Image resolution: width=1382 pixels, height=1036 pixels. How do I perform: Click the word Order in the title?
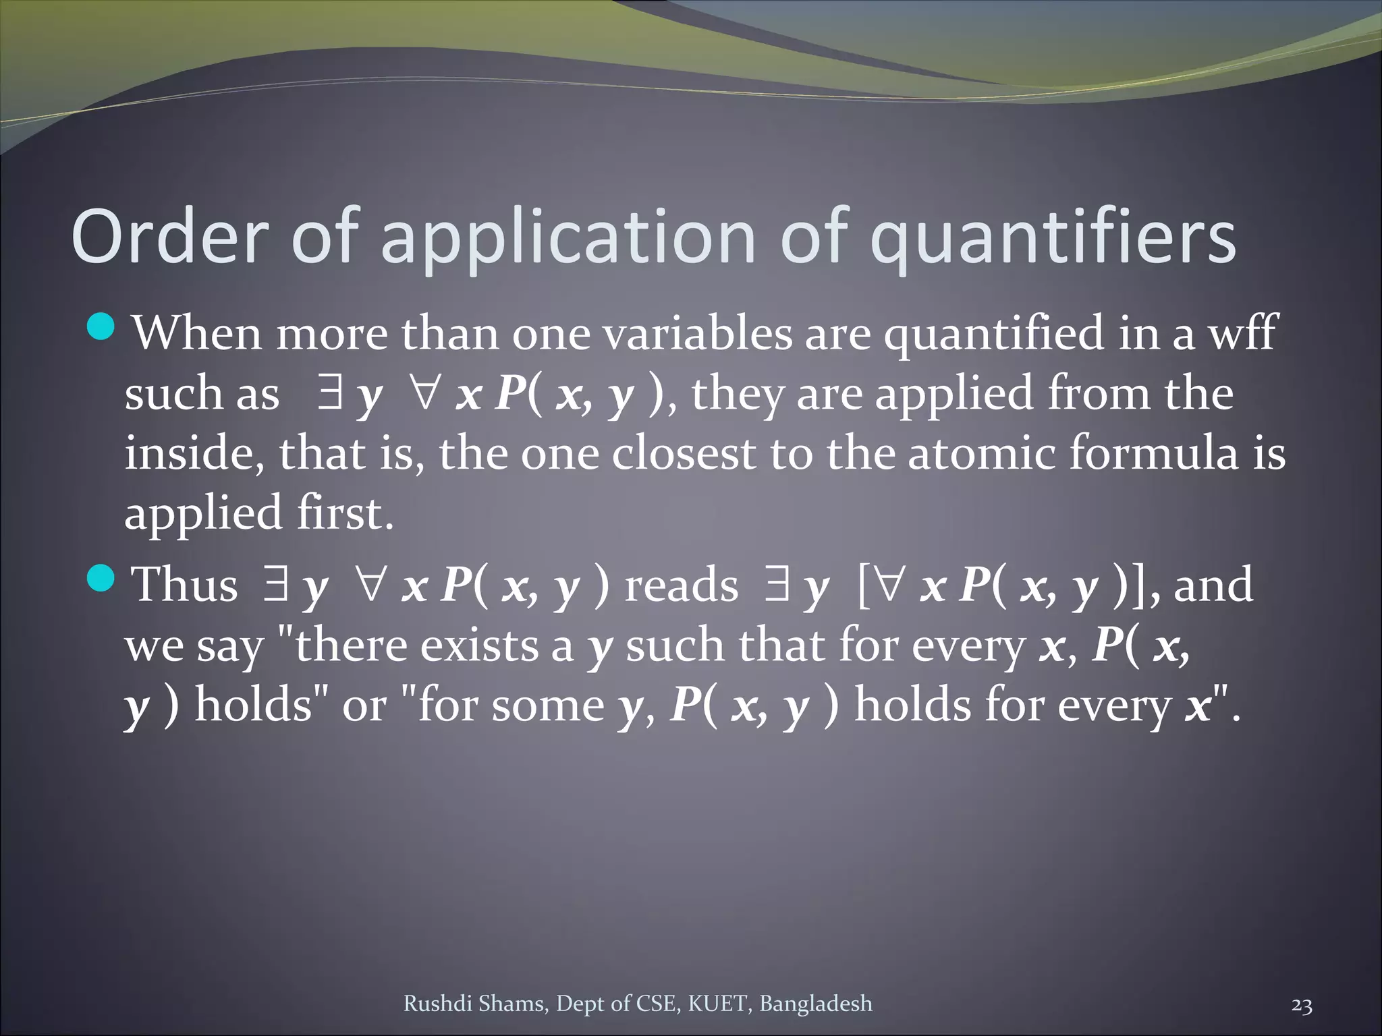click(x=168, y=237)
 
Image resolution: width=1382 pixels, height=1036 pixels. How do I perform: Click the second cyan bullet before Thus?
click(x=102, y=578)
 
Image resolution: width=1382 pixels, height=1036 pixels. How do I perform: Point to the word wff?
click(x=1242, y=333)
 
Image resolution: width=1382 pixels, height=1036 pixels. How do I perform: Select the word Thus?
click(x=184, y=584)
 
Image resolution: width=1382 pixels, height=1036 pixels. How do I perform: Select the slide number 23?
click(x=1301, y=1006)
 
